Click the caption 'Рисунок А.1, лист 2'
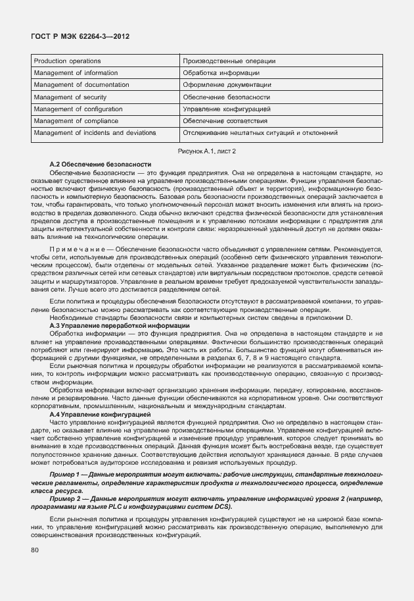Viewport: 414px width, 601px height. point(206,151)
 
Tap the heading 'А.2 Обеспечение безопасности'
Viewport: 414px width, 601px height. point(100,163)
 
